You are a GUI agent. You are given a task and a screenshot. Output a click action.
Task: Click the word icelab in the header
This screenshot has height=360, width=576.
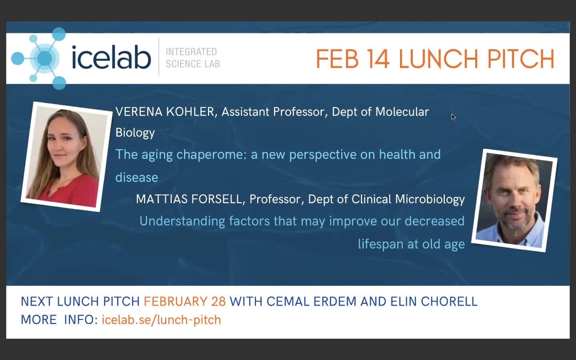pyautogui.click(x=111, y=58)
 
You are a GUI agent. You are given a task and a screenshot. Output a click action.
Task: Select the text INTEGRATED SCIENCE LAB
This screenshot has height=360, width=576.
pyautogui.click(x=191, y=58)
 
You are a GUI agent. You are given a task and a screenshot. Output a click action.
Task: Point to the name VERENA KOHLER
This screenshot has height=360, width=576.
pyautogui.click(x=166, y=112)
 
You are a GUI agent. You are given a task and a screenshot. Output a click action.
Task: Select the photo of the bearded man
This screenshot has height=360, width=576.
pyautogui.click(x=514, y=201)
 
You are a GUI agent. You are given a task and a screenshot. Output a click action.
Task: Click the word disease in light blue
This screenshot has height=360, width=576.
pyautogui.click(x=137, y=177)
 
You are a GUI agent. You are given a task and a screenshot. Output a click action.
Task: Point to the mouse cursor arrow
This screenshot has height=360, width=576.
pyautogui.click(x=453, y=116)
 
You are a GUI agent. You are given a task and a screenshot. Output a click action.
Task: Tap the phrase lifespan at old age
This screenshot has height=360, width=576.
pyautogui.click(x=411, y=244)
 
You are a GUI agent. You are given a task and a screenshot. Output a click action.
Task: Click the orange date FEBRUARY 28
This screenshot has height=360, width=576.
pyautogui.click(x=185, y=301)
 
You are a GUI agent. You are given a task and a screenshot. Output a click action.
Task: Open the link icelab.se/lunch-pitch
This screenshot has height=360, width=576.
pyautogui.click(x=161, y=320)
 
